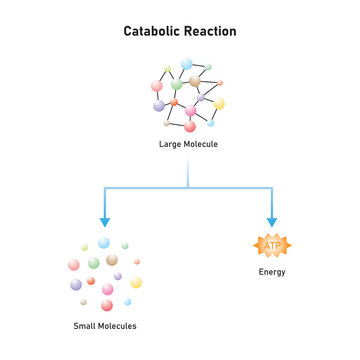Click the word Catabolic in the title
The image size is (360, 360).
point(152,31)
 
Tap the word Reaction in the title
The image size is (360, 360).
point(211,31)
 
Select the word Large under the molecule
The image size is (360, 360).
point(170,144)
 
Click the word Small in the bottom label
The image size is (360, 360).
point(86,327)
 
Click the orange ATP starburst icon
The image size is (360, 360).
point(272,244)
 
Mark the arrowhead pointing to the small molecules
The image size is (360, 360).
point(104,221)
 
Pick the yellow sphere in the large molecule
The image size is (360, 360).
point(219,103)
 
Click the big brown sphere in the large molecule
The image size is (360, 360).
point(195,81)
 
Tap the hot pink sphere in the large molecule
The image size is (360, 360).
point(190,110)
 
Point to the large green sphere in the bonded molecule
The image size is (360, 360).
point(176,85)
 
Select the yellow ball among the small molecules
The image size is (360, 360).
point(136,282)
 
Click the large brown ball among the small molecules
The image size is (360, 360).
point(112,259)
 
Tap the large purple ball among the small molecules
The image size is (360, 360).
point(76,284)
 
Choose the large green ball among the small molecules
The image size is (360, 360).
point(94,262)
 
